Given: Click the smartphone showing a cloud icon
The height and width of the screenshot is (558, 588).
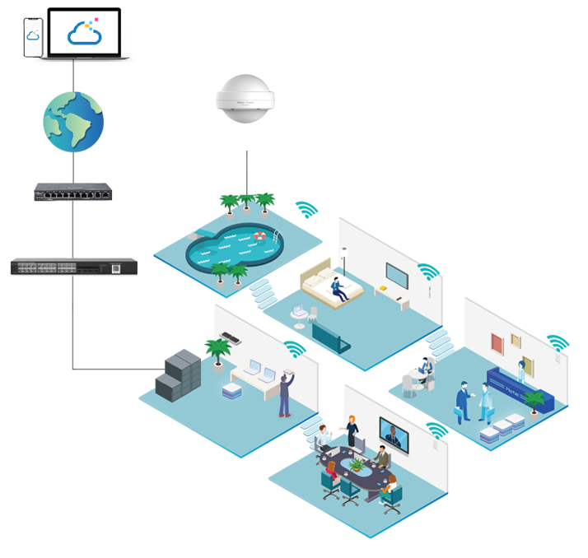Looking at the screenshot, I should tap(33, 35).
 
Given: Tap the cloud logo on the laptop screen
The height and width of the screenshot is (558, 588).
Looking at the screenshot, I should tap(86, 31).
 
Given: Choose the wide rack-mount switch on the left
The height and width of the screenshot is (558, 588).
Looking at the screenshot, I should tap(74, 267).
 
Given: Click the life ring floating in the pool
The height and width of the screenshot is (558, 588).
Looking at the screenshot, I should tap(260, 236).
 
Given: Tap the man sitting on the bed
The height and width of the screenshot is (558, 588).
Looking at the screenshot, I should tap(337, 288).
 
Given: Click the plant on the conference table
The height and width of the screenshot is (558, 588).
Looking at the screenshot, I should tap(357, 465).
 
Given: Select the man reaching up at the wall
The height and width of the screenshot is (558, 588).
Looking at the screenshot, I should tap(285, 393).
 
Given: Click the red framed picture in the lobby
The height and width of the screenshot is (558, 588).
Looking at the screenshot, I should tap(497, 343).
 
